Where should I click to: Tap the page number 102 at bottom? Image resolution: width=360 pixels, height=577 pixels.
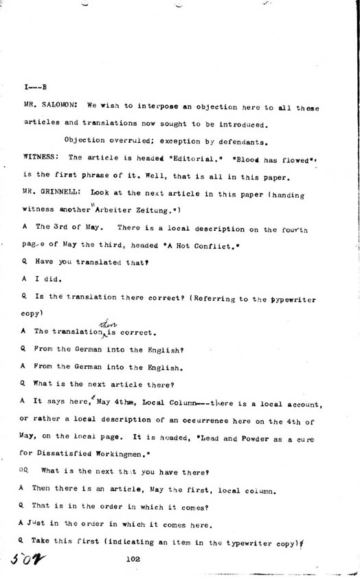click(x=134, y=560)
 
